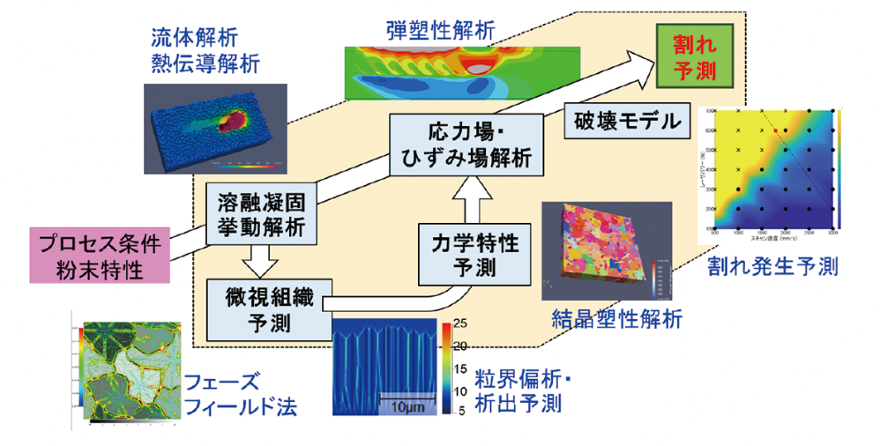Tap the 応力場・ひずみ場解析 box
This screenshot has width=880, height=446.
pyautogui.click(x=467, y=146)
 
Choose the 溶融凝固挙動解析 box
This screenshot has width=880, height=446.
pyautogui.click(x=261, y=212)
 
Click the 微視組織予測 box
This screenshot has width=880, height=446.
pyautogui.click(x=261, y=308)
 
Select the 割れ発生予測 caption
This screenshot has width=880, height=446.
pyautogui.click(x=772, y=266)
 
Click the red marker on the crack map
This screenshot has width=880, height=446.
pyautogui.click(x=775, y=130)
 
